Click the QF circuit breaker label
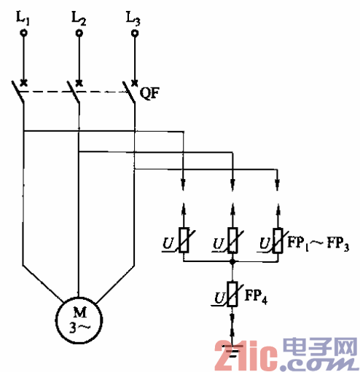coord(151,92)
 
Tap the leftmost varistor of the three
coord(185,240)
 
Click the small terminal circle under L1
coord(23,33)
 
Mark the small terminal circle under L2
coord(79,33)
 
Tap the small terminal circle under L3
coord(134,33)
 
